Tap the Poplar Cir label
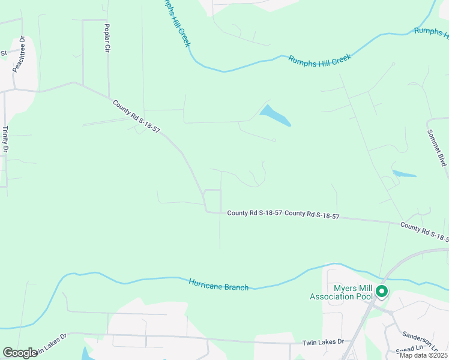[x=107, y=37]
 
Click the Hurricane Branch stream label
[x=218, y=284]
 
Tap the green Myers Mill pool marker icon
[x=382, y=292]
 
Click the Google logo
[x=20, y=353]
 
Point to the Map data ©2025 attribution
[x=423, y=355]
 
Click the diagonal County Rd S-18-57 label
[x=136, y=116]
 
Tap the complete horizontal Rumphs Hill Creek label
[x=319, y=59]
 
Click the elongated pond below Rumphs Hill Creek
[x=275, y=116]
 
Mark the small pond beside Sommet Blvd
[x=404, y=174]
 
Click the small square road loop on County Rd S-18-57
[x=212, y=200]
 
